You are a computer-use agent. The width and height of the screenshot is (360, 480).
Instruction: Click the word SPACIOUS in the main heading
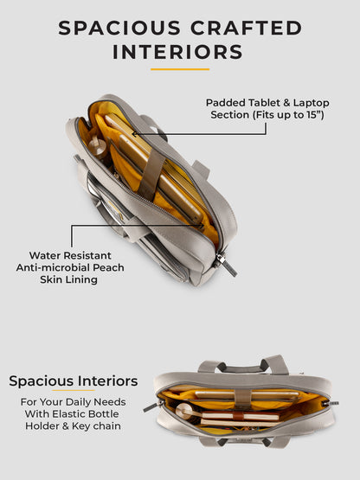[x=119, y=28]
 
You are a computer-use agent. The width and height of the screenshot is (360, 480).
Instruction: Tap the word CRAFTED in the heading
[x=247, y=28]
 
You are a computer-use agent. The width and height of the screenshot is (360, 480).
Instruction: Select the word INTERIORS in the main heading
[x=177, y=52]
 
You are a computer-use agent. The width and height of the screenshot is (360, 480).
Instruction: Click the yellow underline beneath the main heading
[x=180, y=69]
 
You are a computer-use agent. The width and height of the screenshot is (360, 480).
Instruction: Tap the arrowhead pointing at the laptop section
[x=134, y=133]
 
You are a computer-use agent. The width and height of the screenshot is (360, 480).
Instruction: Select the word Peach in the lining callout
[x=108, y=267]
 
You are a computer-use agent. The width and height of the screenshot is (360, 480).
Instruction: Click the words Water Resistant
[x=70, y=255]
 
